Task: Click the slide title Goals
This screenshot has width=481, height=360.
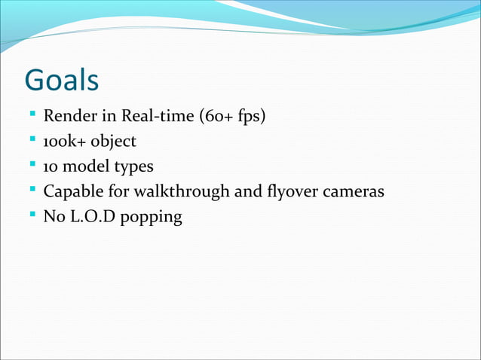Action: tap(62, 81)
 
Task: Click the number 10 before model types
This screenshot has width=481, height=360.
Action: tap(51, 166)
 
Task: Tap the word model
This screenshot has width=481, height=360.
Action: tap(86, 166)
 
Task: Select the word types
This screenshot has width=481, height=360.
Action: tap(133, 166)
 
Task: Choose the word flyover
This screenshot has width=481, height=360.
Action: tap(285, 191)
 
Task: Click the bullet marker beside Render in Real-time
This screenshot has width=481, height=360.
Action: tap(32, 116)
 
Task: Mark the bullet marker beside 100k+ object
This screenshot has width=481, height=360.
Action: tap(32, 141)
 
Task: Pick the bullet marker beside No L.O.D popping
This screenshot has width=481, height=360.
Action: tap(32, 215)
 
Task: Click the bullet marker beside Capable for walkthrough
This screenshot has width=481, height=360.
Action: tap(32, 191)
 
